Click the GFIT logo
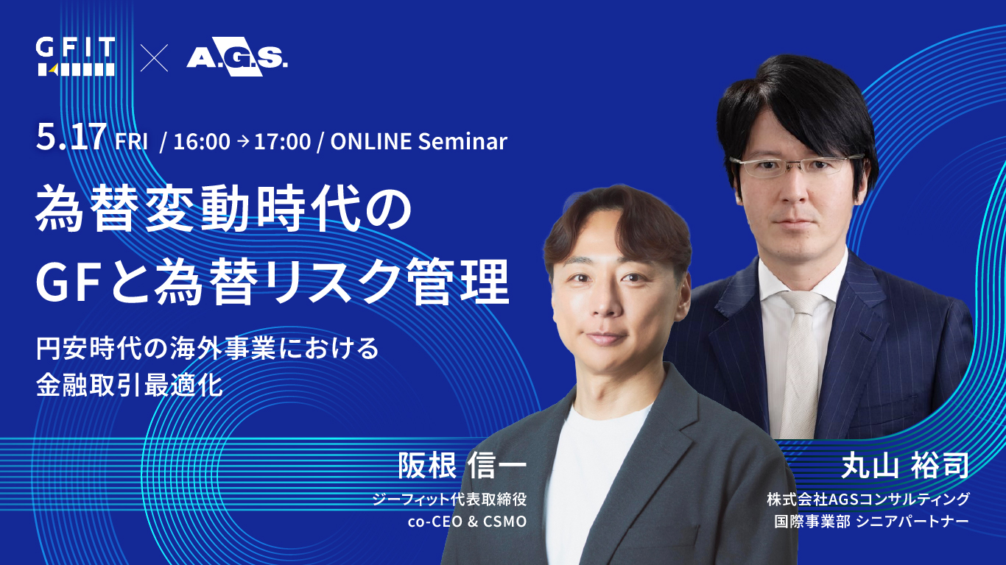(x=76, y=57)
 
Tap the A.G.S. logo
(x=236, y=57)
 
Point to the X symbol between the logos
(x=154, y=57)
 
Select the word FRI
(x=133, y=141)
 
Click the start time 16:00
(x=202, y=141)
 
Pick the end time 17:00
(x=282, y=141)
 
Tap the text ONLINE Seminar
(x=419, y=141)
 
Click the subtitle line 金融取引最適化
(x=130, y=385)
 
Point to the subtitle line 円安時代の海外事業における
(x=208, y=348)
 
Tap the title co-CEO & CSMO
(x=466, y=522)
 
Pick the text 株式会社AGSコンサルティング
(x=868, y=500)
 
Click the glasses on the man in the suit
(x=800, y=166)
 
